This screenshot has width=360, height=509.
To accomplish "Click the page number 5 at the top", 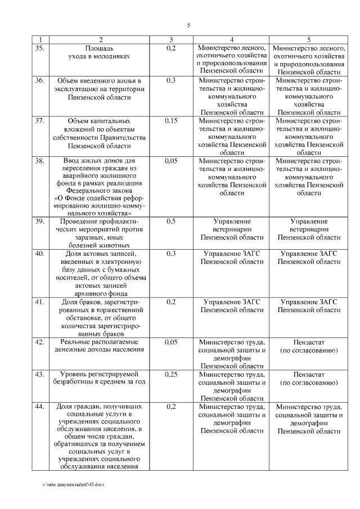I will point(189,25).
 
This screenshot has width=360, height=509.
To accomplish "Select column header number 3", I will point(172,39).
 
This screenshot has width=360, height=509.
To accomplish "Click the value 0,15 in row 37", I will point(172,121).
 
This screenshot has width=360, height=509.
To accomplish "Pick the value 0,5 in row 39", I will point(172,222).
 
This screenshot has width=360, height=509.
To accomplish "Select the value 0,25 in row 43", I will point(172,374).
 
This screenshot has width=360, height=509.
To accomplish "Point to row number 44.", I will point(39,407).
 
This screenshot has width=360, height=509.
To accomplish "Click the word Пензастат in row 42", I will point(309,342).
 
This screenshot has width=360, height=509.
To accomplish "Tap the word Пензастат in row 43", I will point(309,374).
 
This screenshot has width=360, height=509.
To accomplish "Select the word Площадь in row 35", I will point(99,49).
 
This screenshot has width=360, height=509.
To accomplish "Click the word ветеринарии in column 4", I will point(232,229).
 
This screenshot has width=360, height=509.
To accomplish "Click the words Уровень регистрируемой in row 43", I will point(99,374).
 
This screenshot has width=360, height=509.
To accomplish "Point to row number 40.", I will point(39,254).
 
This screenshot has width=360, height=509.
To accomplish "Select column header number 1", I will point(39,39).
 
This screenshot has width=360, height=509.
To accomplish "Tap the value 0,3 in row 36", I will point(172,80).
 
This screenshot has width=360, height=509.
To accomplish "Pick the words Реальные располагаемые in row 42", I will point(99,342).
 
